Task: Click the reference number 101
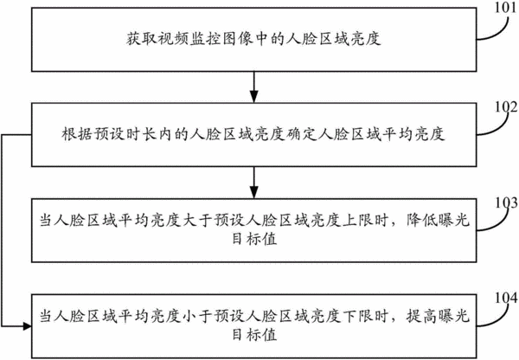coord(505,7)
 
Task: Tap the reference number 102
coord(506,106)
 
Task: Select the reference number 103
coord(506,202)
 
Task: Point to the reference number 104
coord(506,298)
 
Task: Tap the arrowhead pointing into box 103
coord(253,193)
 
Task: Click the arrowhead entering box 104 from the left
coord(27,326)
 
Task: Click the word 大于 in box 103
coord(197,220)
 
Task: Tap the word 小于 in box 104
coord(197,316)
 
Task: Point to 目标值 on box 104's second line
coord(254,335)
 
